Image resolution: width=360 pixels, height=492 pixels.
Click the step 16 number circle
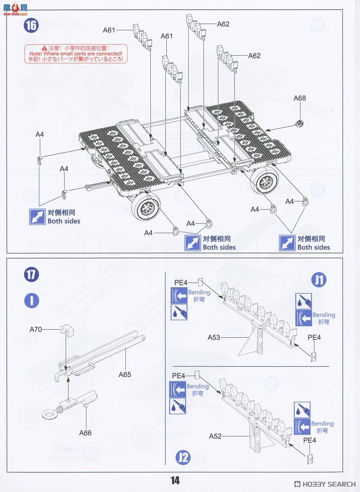click(31, 25)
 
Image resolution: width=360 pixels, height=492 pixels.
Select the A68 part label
click(300, 98)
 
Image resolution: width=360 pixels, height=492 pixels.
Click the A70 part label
click(36, 329)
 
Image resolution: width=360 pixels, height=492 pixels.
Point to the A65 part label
click(125, 374)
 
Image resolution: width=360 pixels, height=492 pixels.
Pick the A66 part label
click(85, 433)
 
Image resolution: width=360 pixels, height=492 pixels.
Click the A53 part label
click(214, 337)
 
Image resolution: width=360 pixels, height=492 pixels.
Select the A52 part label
click(215, 436)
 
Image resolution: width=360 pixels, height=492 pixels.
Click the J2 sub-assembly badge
click(183, 457)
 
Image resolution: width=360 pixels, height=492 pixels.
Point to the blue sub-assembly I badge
click(31, 301)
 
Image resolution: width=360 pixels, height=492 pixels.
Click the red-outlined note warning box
click(76, 54)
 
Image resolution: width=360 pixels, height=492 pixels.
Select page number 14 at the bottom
click(175, 481)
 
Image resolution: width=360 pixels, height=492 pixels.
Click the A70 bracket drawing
click(66, 330)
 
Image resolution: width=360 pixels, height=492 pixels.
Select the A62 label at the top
click(223, 24)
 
